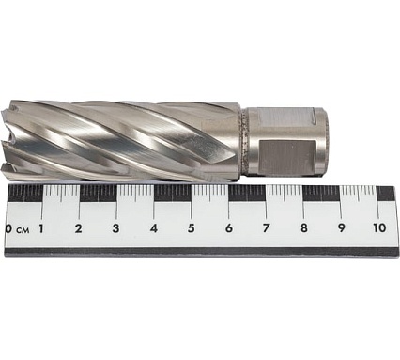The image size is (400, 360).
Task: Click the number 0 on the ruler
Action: pos(8,229)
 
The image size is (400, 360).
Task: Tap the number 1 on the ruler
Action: pos(40,228)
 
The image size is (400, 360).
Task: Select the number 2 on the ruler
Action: pos(78,228)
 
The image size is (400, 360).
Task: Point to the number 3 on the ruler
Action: pos(115,228)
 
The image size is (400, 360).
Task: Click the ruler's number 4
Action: pos(153,228)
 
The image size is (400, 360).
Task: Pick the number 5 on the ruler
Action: pos(192,228)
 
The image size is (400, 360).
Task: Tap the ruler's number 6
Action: pos(229,228)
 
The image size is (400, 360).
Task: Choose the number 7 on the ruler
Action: pos(266,228)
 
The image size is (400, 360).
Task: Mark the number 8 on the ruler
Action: pos(304,228)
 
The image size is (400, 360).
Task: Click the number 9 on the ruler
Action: pos(342,227)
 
